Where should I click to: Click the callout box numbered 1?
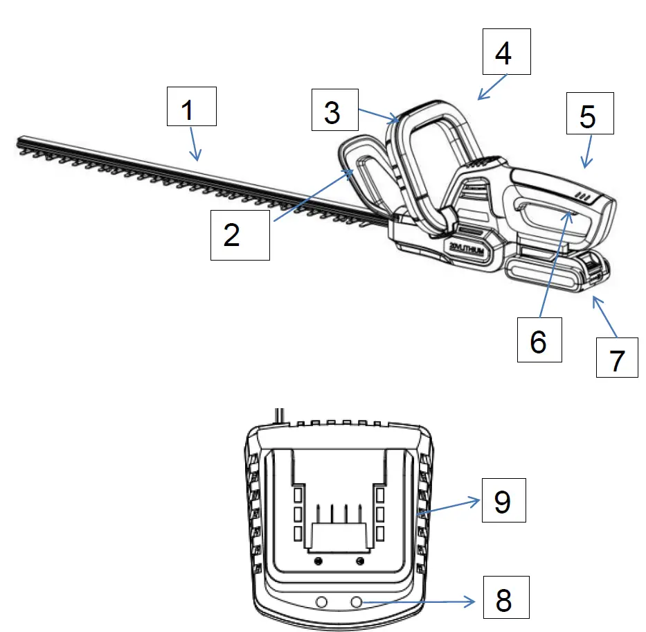click(192, 107)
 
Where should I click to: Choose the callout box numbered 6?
click(539, 340)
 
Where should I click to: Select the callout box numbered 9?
click(502, 500)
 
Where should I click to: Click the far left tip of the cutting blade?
click(19, 141)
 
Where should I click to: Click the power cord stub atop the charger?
click(278, 414)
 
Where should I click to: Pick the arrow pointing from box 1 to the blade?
click(196, 146)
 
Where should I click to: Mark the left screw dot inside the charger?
click(318, 560)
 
